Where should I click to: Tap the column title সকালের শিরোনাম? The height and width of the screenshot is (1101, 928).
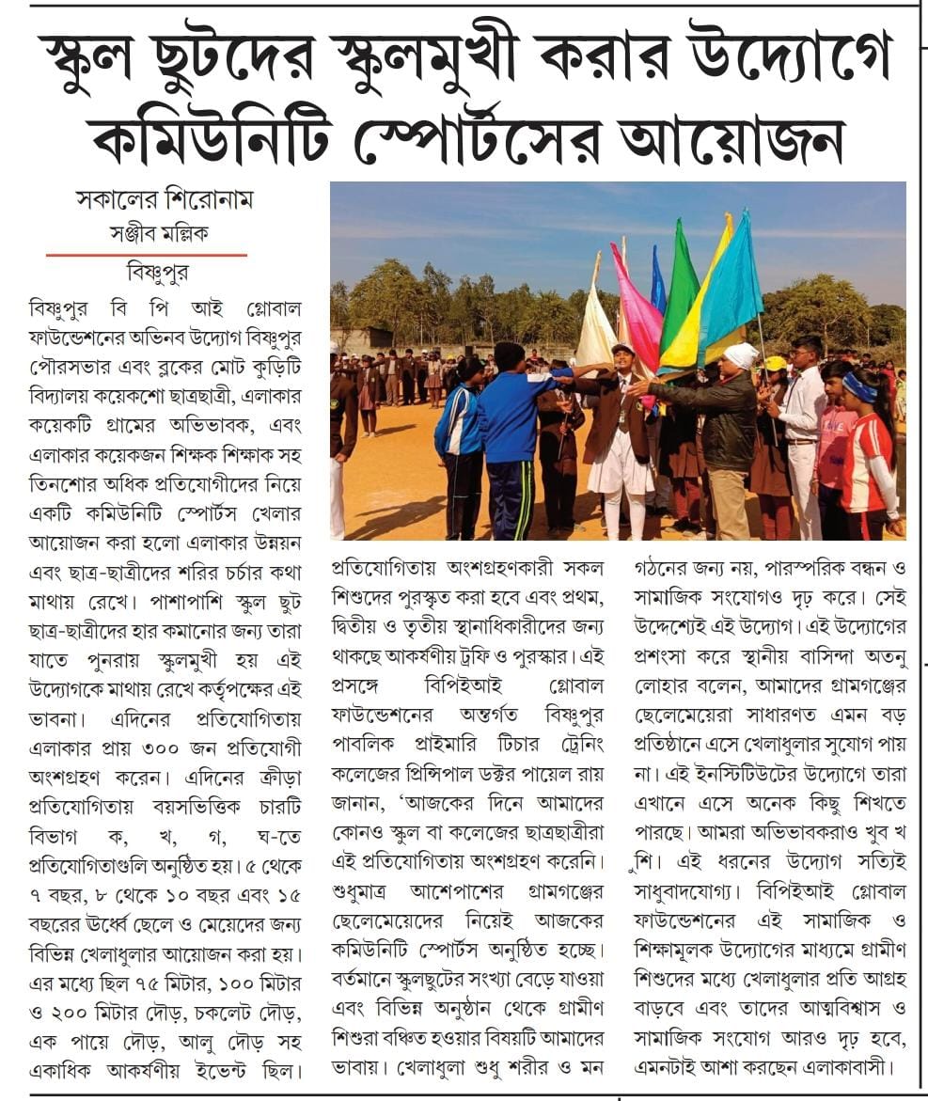coord(164,200)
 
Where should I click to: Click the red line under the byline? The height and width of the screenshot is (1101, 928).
coord(147,255)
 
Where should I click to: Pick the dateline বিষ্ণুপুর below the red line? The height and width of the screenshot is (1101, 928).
coord(157,275)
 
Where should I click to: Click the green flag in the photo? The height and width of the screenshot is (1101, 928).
coord(679,291)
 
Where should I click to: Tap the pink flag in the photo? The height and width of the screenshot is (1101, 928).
coord(639,301)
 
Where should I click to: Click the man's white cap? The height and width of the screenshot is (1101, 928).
coord(741,355)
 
